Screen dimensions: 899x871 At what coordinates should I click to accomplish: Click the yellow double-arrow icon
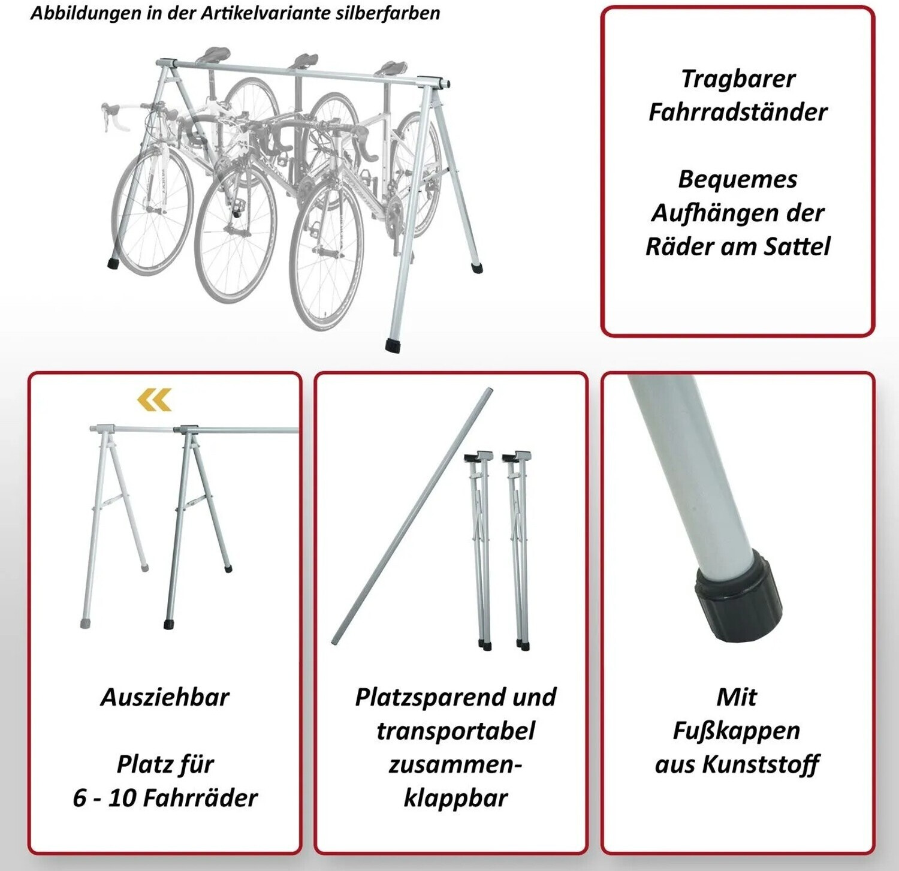click(155, 400)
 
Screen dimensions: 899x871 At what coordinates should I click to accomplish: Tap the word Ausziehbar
click(165, 697)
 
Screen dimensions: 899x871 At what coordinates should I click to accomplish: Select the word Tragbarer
click(738, 79)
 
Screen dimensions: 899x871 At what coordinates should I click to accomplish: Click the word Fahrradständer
click(738, 112)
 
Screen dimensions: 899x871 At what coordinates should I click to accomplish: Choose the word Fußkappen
click(737, 731)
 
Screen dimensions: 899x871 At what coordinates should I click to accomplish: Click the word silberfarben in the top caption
click(388, 13)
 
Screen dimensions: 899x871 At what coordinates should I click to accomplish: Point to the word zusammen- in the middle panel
click(455, 765)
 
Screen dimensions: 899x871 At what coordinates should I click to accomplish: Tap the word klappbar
click(455, 798)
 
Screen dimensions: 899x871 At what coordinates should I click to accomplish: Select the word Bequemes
click(738, 180)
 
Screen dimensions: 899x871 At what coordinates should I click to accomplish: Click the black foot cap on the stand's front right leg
click(394, 345)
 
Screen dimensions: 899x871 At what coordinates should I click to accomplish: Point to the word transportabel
click(455, 731)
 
